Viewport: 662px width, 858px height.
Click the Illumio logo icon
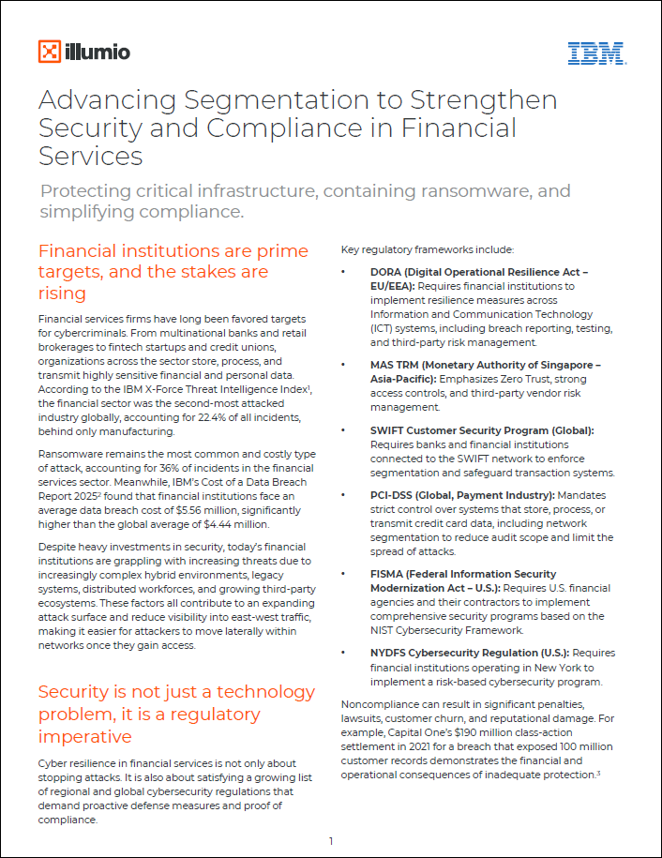click(50, 52)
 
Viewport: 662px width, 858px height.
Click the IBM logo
click(596, 53)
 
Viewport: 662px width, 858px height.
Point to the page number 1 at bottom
click(331, 841)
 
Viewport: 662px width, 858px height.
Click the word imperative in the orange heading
click(84, 736)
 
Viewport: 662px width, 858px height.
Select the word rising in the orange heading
click(62, 294)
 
